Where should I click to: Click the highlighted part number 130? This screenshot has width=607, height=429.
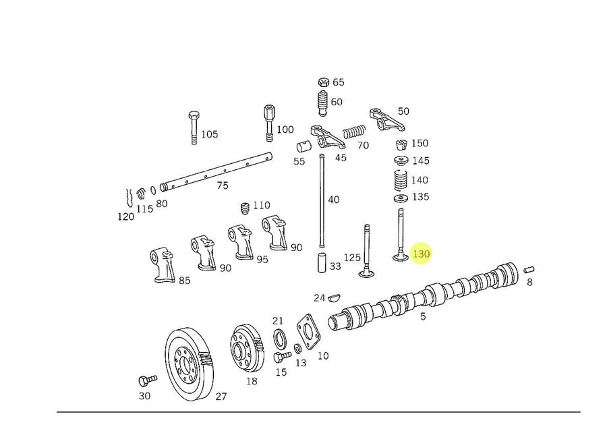422,254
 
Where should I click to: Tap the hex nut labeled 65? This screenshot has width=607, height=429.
323,82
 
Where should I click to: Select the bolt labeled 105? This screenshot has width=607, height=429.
194,127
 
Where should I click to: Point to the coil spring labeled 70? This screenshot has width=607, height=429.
354,132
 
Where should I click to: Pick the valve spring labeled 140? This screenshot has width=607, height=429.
401,181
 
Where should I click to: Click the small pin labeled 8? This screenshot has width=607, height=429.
528,270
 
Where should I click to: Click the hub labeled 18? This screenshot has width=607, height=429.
245,349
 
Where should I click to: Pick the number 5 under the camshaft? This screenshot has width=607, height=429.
423,316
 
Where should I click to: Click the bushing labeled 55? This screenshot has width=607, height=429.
303,146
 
